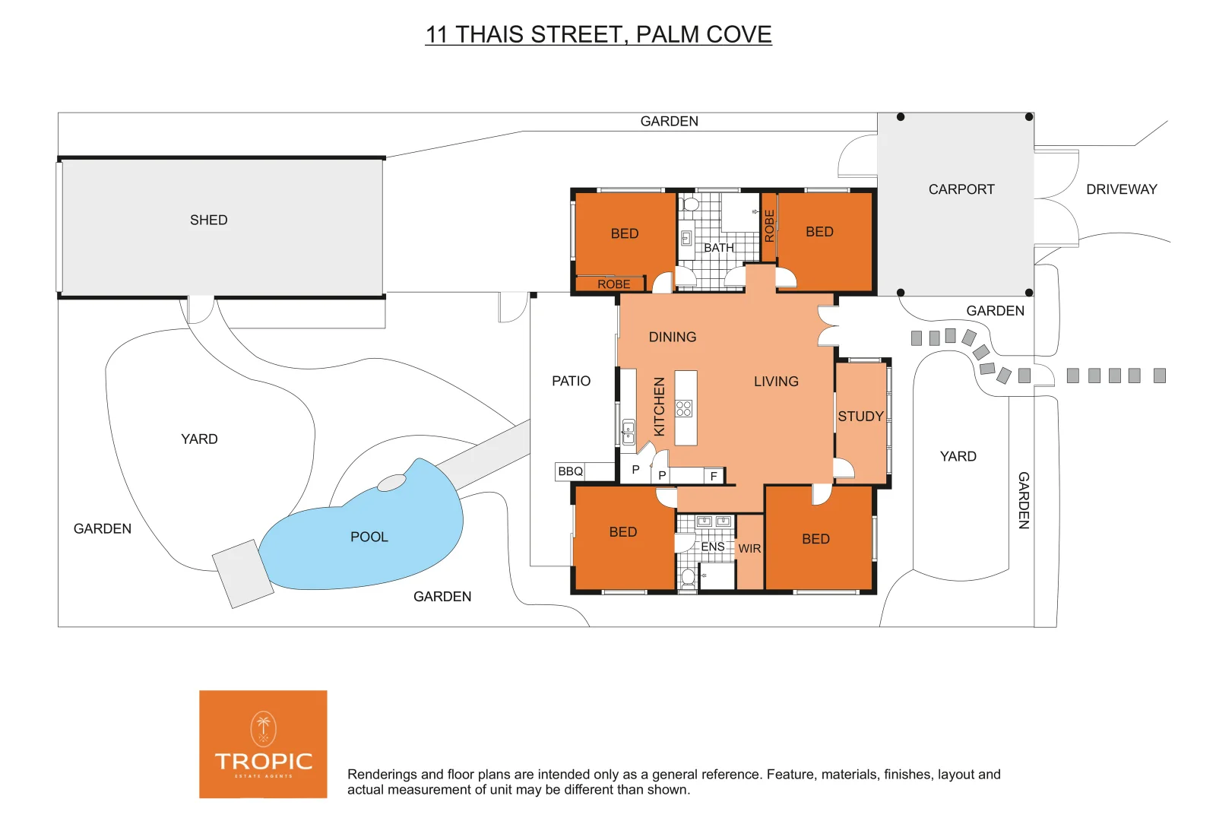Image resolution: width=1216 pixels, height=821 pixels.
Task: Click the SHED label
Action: [208, 220]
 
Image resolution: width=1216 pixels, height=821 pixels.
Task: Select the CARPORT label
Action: [961, 189]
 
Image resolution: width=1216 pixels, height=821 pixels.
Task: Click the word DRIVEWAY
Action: [1121, 189]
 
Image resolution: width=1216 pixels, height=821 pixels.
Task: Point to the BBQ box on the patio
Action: [570, 471]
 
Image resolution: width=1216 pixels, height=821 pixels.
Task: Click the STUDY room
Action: [860, 417]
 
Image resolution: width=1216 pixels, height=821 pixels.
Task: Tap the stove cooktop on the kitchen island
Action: [684, 408]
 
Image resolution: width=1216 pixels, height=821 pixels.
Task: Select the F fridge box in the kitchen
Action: [714, 476]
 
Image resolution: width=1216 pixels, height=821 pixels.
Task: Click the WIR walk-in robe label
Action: [749, 548]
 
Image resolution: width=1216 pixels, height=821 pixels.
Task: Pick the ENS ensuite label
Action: [712, 547]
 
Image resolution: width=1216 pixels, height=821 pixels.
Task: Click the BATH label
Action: [718, 248]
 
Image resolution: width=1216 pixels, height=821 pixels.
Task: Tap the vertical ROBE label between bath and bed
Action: [769, 226]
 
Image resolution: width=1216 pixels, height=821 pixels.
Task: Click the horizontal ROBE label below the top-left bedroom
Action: [613, 284]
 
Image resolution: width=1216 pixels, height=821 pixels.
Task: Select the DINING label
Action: [672, 337]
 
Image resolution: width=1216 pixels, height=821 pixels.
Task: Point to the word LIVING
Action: [776, 382]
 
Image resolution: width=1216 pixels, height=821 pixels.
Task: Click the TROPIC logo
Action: [263, 744]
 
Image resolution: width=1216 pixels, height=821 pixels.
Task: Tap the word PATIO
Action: [571, 381]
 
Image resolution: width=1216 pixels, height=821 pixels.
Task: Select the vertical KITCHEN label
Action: [659, 407]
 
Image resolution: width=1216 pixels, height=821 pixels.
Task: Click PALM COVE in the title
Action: [703, 34]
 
